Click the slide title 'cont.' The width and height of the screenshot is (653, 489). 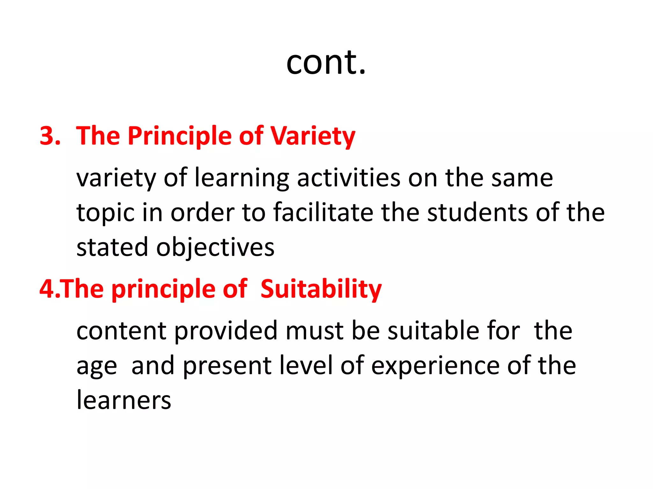[x=326, y=62]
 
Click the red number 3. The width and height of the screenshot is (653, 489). [x=49, y=136]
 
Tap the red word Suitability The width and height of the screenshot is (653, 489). [x=321, y=289]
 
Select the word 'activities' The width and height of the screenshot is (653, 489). [x=349, y=177]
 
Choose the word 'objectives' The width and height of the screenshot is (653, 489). [x=215, y=248]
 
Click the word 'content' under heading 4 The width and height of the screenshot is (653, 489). [x=121, y=331]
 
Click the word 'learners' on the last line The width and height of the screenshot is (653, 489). [x=124, y=400]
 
